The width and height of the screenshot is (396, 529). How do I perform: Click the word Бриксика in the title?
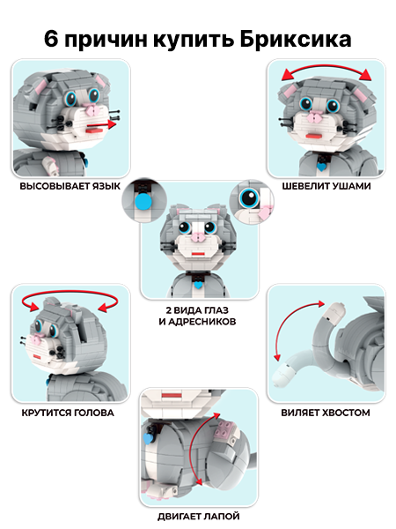296,39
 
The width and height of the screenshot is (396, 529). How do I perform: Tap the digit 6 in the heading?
50,39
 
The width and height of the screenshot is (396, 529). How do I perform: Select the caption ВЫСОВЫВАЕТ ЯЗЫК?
70,186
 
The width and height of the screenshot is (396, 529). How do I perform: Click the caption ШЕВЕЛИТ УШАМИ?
326,186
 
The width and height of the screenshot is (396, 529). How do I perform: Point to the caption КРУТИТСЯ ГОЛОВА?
68,413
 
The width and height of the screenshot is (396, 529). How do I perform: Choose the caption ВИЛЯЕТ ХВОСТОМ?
326,413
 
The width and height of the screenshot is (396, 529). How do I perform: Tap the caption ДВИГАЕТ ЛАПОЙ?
199,517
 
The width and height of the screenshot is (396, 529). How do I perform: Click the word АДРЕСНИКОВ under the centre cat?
202,322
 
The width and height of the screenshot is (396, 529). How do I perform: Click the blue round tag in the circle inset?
143,201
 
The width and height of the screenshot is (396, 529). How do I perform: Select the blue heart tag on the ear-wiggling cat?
322,167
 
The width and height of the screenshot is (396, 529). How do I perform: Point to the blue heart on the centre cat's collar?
199,285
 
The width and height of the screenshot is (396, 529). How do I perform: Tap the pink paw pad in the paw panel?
226,429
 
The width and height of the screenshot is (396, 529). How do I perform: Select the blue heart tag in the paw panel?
148,439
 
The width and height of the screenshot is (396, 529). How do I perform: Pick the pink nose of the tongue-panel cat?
91,110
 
